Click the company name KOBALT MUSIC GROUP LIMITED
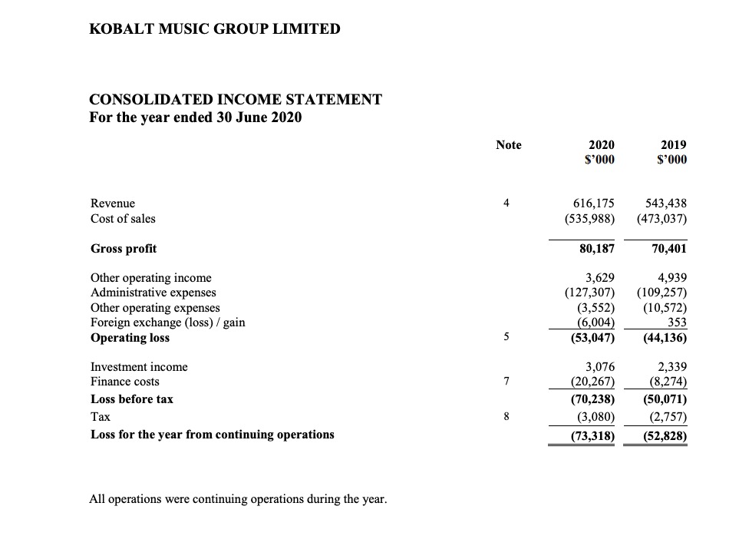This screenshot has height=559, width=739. click(x=215, y=29)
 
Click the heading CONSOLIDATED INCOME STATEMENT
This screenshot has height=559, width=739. click(x=236, y=100)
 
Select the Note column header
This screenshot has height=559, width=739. click(x=508, y=144)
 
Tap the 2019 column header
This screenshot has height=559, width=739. click(x=673, y=144)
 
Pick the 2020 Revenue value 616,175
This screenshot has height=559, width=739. click(x=594, y=203)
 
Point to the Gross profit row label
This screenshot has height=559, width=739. click(x=124, y=248)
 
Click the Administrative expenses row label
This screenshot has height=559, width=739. click(x=153, y=293)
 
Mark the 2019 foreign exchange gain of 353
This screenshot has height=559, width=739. click(x=676, y=322)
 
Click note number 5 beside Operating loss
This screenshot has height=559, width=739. click(x=506, y=338)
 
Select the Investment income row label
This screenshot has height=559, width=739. click(x=139, y=367)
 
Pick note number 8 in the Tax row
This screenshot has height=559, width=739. click(x=506, y=417)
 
